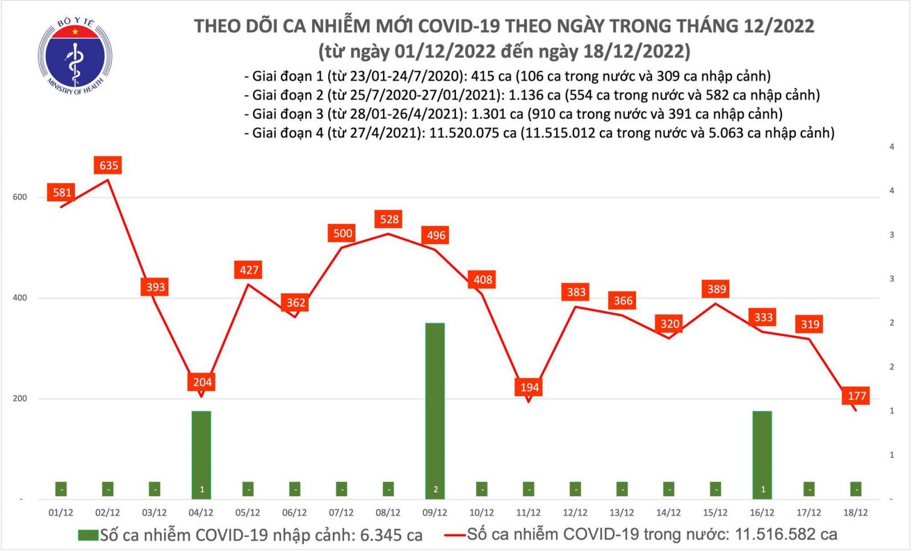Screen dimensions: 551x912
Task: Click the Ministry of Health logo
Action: (x=75, y=56)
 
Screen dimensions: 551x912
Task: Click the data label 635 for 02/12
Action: (x=108, y=165)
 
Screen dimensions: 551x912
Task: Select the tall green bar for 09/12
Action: (x=435, y=411)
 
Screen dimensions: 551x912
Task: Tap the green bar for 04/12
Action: (x=201, y=455)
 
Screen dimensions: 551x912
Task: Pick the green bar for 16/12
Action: (x=762, y=455)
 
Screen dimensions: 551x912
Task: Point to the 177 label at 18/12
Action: (x=856, y=396)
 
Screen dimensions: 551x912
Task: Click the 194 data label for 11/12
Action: (x=529, y=387)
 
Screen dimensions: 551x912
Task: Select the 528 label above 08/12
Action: (x=389, y=220)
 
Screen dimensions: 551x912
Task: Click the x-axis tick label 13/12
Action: (x=621, y=513)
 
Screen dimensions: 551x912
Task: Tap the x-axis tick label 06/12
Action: (x=294, y=513)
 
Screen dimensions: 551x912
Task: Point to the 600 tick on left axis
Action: (x=19, y=197)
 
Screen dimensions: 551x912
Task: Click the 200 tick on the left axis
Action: (x=19, y=399)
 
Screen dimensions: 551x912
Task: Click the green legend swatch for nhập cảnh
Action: (x=88, y=535)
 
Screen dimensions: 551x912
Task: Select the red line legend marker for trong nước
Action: (x=454, y=535)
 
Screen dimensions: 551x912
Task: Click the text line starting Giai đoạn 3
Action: (x=513, y=114)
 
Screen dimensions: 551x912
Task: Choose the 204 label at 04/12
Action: (x=202, y=382)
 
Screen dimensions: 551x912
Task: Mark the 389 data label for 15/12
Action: (x=716, y=289)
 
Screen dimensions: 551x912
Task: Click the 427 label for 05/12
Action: (x=249, y=270)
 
